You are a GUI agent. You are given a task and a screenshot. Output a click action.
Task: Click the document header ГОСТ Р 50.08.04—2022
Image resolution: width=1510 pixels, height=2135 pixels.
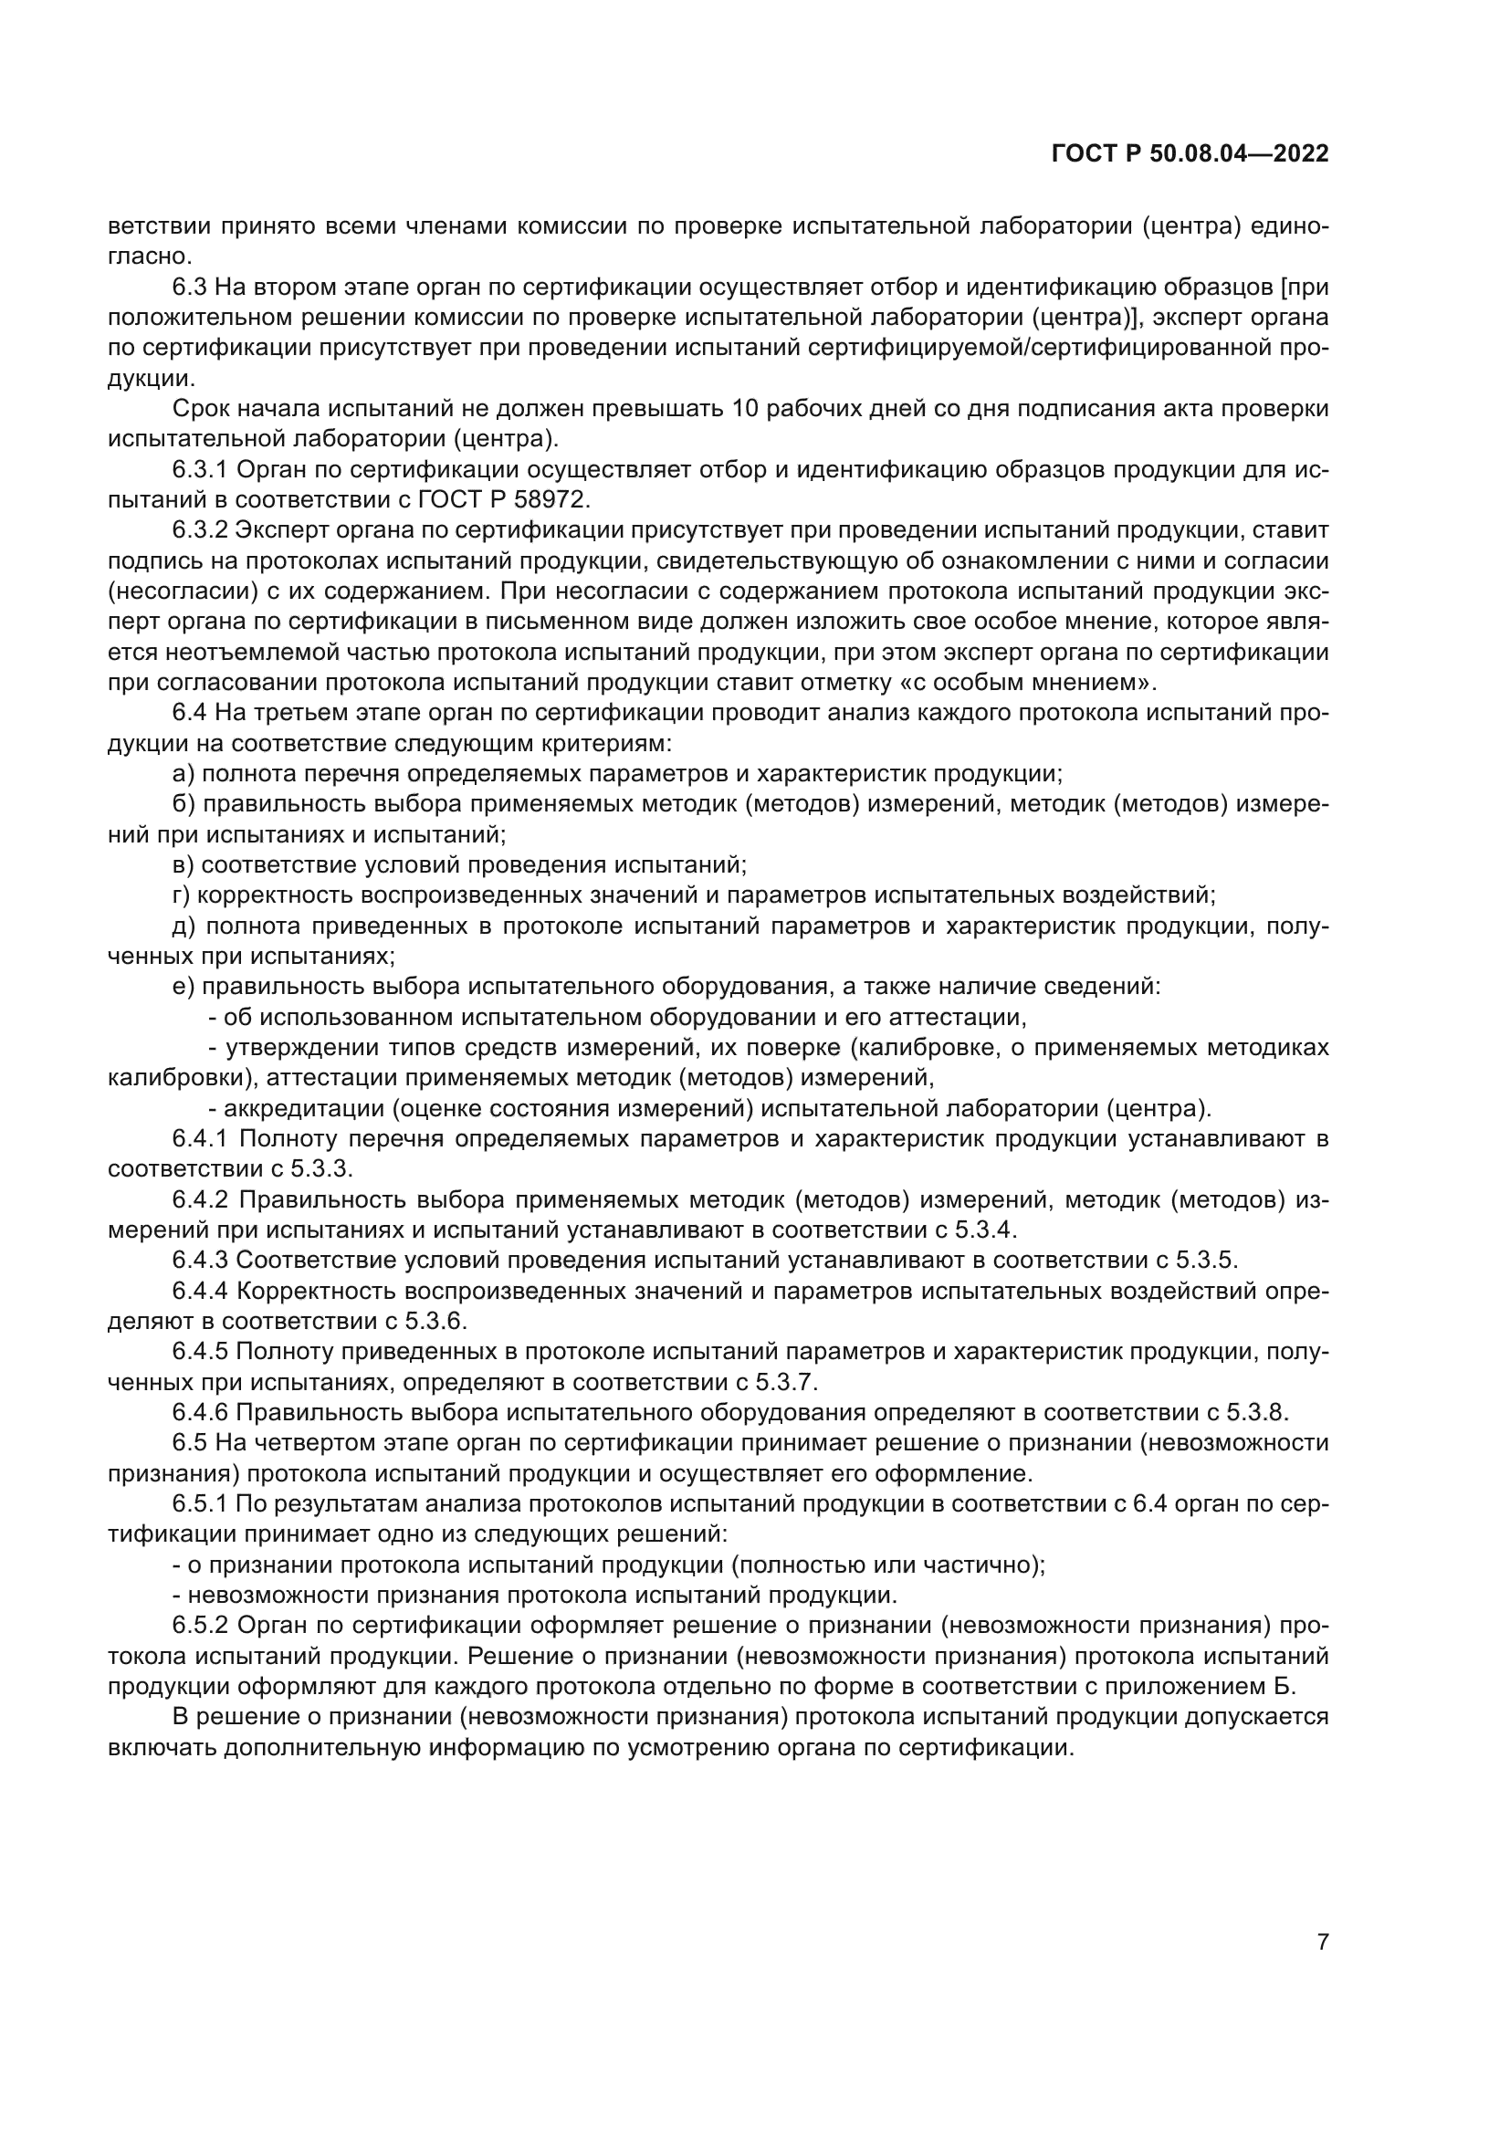pyautogui.click(x=1190, y=153)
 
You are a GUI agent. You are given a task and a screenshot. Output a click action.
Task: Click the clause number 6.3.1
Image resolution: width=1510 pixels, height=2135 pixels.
pyautogui.click(x=201, y=470)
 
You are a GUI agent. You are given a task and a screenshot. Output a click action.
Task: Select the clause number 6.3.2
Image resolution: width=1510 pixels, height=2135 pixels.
pyautogui.click(x=201, y=531)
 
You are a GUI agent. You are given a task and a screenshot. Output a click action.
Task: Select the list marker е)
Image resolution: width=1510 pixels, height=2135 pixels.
pyautogui.click(x=184, y=987)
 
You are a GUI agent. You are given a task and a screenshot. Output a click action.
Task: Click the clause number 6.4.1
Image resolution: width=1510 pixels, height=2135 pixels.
pyautogui.click(x=201, y=1138)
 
